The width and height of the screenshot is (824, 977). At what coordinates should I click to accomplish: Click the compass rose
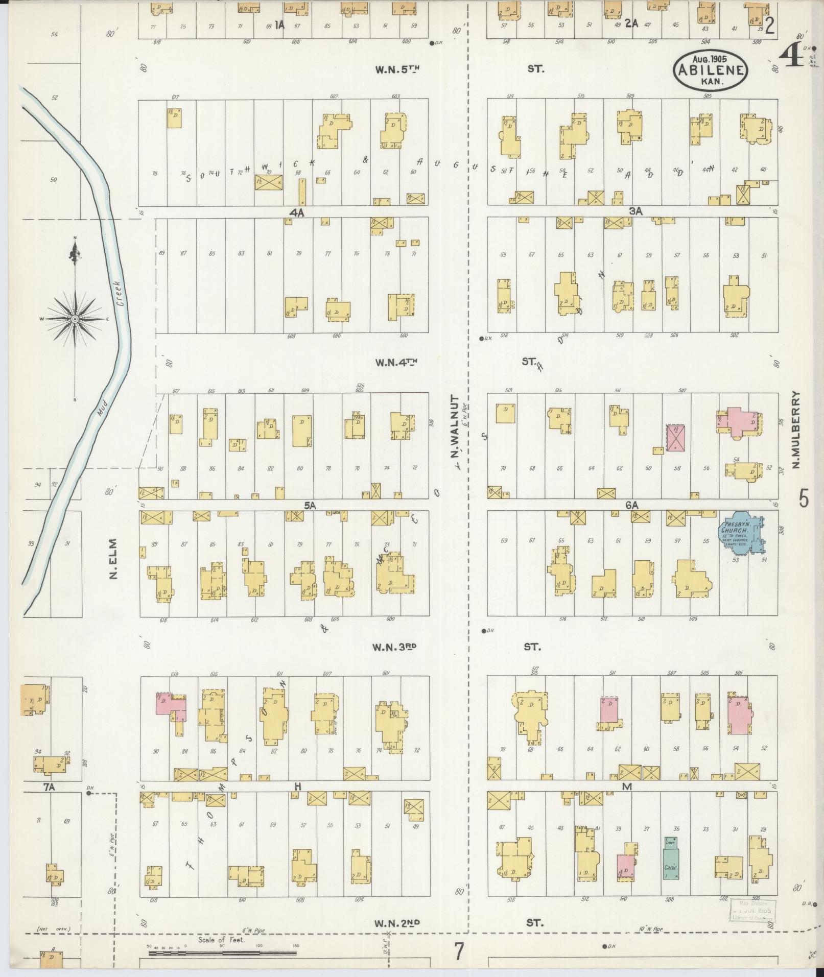[x=75, y=319]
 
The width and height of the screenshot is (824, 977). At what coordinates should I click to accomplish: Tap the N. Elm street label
[x=113, y=559]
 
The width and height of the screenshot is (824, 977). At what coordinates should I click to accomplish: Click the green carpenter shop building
[x=671, y=857]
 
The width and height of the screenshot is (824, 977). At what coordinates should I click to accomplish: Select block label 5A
[x=310, y=506]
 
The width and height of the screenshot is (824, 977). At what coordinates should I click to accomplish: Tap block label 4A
[x=297, y=212]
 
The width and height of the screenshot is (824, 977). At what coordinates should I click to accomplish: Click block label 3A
[x=635, y=211]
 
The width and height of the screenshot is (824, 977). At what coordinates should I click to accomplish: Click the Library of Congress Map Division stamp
[x=752, y=910]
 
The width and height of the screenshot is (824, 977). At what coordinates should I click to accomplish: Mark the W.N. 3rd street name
[x=394, y=647]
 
